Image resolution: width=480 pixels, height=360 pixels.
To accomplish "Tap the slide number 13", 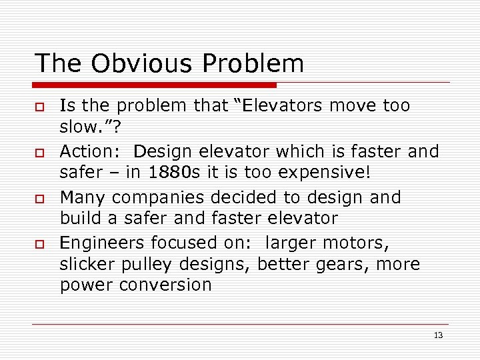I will [438, 335].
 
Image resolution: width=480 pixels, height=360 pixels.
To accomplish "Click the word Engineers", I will [101, 244].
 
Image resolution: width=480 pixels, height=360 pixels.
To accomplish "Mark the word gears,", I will [349, 264].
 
